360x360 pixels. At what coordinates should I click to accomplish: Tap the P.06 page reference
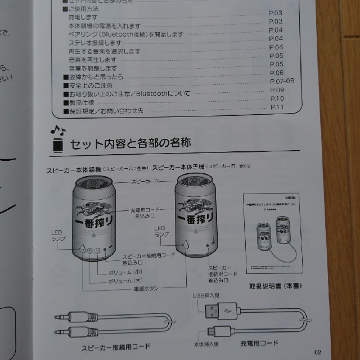tap(277, 73)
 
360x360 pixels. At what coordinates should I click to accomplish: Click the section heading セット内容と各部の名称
tap(130, 145)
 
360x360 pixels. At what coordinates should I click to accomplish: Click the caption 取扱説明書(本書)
tap(274, 286)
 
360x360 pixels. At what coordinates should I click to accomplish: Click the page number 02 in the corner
tap(318, 352)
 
